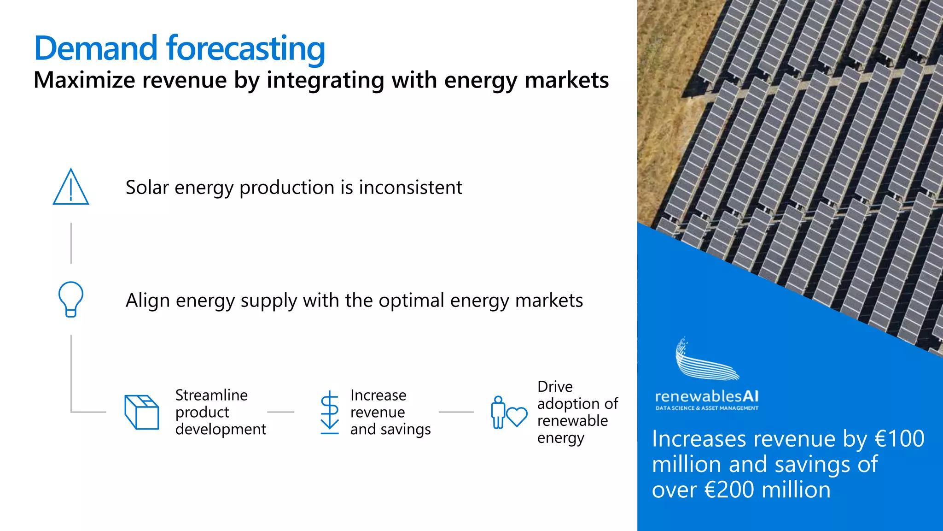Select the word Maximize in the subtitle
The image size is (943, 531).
click(84, 80)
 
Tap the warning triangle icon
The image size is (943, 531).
click(70, 187)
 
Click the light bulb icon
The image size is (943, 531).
click(71, 299)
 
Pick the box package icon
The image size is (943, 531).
click(141, 412)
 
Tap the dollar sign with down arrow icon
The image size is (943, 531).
click(330, 412)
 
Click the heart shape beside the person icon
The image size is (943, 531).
click(517, 416)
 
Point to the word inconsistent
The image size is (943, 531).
click(410, 188)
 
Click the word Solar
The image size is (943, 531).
click(147, 188)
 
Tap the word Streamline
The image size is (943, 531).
click(211, 395)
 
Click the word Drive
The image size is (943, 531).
click(555, 386)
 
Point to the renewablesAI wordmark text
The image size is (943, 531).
click(706, 396)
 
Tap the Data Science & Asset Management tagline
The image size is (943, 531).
click(707, 408)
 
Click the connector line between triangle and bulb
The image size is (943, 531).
click(71, 243)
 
